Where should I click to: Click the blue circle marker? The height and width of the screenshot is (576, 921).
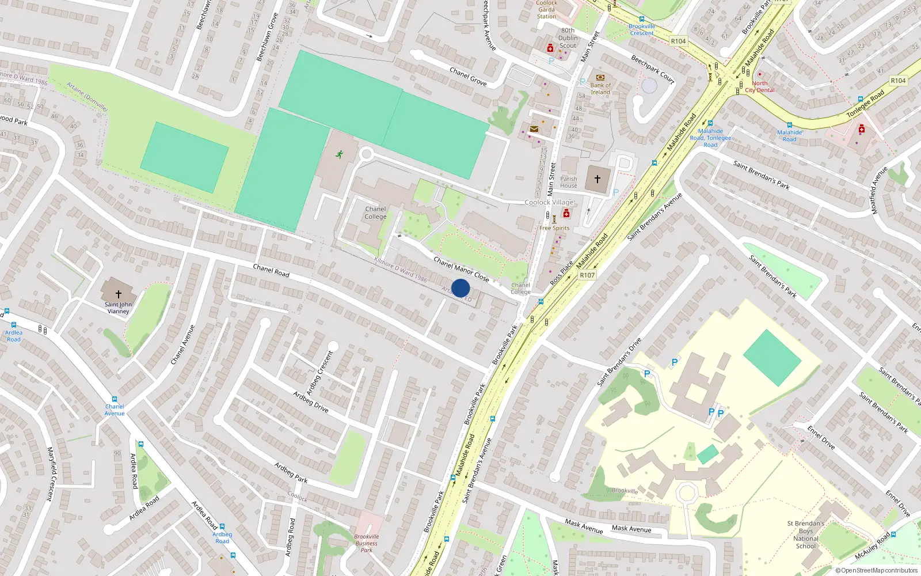(x=461, y=288)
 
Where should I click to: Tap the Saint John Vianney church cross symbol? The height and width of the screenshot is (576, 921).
(x=119, y=294)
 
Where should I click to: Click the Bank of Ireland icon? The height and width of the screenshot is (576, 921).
(x=600, y=77)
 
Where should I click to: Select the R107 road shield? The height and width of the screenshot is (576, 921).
(x=587, y=275)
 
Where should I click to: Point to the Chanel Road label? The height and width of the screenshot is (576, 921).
(x=271, y=270)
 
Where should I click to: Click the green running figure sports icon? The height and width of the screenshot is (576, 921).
(x=340, y=154)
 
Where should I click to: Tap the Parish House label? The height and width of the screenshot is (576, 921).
(x=569, y=182)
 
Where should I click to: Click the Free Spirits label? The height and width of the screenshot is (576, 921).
(x=554, y=228)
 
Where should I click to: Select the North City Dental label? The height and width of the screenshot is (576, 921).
(x=760, y=87)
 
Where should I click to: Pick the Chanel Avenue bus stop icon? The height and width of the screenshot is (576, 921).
(x=115, y=399)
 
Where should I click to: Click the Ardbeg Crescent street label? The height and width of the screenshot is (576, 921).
(x=320, y=373)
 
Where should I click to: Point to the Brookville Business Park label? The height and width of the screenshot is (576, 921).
(x=367, y=543)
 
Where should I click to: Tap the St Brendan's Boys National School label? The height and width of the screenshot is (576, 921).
(x=806, y=535)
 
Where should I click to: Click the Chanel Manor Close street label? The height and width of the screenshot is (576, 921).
(x=461, y=270)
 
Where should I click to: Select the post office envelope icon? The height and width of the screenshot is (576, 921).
(x=534, y=129)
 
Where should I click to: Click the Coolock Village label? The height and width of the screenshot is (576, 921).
(x=549, y=202)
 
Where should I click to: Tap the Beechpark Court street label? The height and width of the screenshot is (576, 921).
(x=652, y=69)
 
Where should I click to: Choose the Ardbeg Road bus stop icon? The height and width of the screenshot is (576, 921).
(x=222, y=526)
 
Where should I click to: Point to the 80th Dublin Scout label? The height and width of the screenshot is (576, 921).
(x=568, y=38)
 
